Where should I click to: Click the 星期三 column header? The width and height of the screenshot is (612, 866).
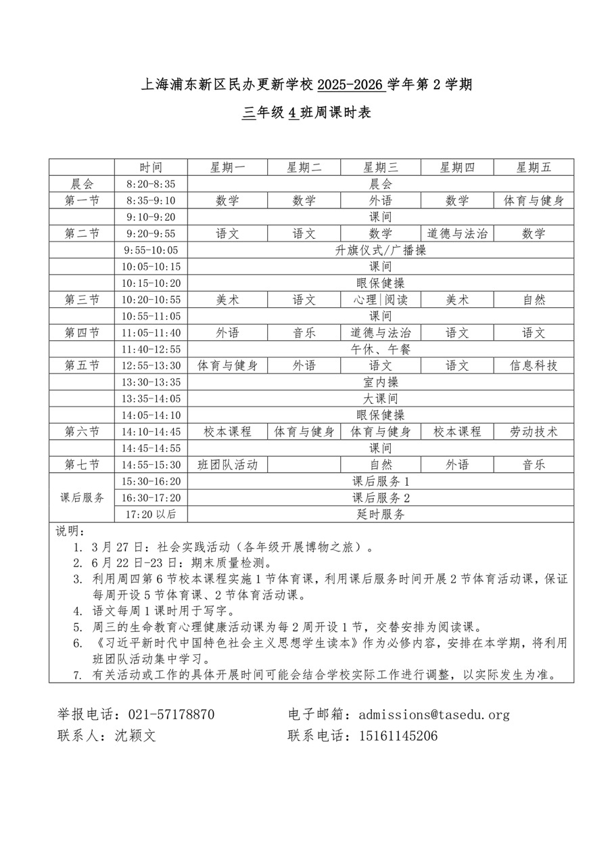[381, 167]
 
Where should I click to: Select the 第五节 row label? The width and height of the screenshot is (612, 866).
[82, 365]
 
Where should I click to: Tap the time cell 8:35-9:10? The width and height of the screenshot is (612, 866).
[151, 200]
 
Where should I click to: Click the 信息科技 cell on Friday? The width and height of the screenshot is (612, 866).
[534, 365]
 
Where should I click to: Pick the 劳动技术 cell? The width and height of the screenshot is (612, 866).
[534, 432]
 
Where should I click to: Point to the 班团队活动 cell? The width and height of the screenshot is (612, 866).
[227, 465]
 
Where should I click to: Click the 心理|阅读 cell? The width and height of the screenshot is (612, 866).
[381, 300]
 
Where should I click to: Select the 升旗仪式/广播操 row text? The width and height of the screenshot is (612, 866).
[381, 250]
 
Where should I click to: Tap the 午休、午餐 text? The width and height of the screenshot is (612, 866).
[381, 349]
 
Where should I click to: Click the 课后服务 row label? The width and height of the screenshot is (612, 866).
[82, 498]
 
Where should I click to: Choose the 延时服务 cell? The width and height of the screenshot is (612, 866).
[381, 514]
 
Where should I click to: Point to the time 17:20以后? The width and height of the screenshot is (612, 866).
[151, 514]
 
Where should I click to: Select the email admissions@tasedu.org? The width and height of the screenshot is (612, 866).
[434, 714]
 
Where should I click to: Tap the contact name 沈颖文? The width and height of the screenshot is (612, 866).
[136, 736]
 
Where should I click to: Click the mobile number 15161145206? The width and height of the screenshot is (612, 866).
[398, 736]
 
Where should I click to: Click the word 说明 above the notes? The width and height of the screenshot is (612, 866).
[67, 530]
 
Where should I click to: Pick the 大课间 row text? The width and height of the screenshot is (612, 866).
[381, 398]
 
